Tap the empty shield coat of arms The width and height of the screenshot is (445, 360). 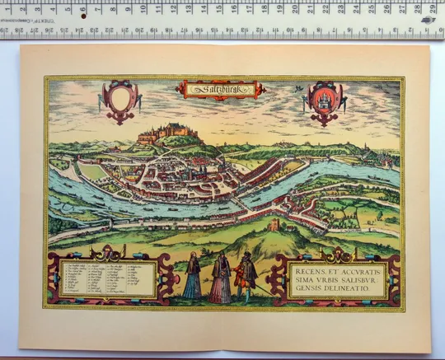pos(116,100)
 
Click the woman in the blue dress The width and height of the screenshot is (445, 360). pos(192,278)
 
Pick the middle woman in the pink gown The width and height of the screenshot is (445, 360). pos(220,279)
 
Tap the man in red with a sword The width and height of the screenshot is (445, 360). pos(246,278)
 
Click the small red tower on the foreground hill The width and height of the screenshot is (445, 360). pos(274,224)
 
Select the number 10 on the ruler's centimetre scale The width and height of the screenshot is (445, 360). pos(144,9)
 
